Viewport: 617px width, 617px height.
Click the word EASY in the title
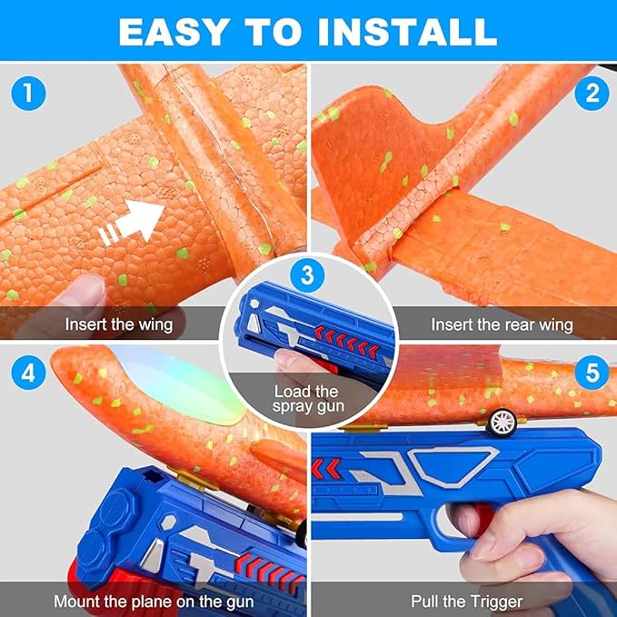174,32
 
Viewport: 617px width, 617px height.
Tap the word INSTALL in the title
408,32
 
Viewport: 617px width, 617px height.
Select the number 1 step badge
28,93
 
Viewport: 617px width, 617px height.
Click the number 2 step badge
592,93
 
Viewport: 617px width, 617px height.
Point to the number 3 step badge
307,274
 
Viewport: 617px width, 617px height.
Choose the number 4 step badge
28,373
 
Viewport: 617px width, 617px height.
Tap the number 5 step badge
592,373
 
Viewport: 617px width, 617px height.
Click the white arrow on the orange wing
131,223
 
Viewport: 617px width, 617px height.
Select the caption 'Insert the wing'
119,325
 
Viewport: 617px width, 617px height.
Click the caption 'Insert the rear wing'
502,325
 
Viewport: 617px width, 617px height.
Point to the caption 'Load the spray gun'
308,399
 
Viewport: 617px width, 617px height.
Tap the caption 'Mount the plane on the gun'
154,602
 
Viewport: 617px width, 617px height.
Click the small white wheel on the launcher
503,423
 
